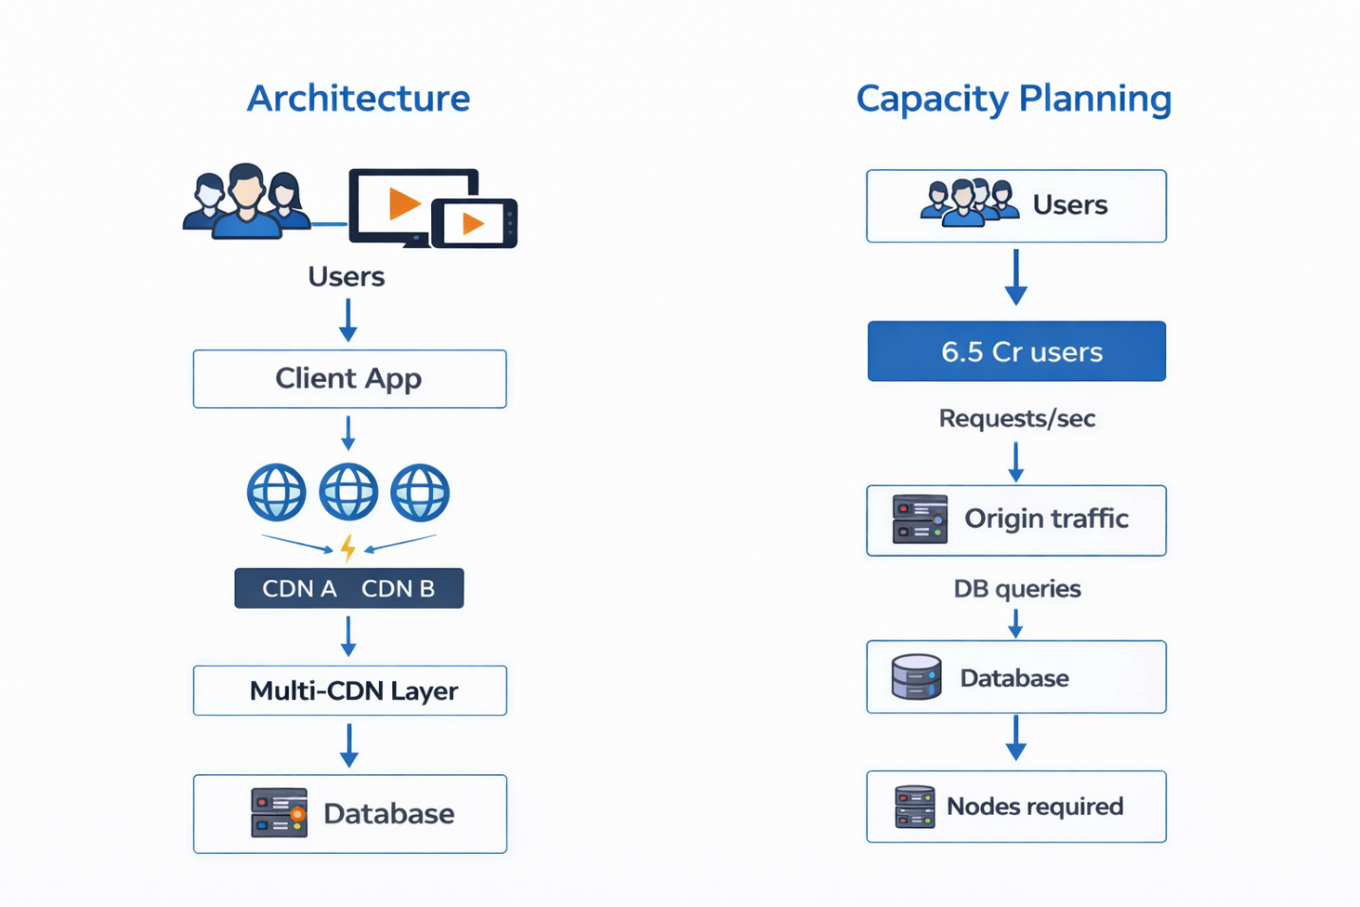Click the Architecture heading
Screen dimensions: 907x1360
click(x=358, y=99)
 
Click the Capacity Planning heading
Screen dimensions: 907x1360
click(x=1013, y=99)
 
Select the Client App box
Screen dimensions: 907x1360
click(x=349, y=379)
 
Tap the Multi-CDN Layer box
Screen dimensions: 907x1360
click(x=349, y=690)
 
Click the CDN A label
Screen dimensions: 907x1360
click(x=299, y=589)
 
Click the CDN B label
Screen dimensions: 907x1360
click(x=398, y=589)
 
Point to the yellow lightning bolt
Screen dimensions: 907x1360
click(x=349, y=548)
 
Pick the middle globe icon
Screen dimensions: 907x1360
click(x=349, y=492)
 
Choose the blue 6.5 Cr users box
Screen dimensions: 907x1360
click(x=1016, y=351)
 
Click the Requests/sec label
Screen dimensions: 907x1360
click(x=1016, y=419)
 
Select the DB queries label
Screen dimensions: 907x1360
click(x=1016, y=589)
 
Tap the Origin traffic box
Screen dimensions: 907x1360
click(x=1016, y=520)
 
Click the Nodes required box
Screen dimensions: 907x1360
click(x=1016, y=806)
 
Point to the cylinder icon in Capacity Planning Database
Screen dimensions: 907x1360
click(x=916, y=677)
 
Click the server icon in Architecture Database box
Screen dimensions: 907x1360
click(x=279, y=813)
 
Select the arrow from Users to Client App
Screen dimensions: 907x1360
click(x=349, y=320)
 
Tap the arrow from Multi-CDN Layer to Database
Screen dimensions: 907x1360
click(x=349, y=745)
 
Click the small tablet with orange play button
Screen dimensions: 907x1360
click(x=474, y=224)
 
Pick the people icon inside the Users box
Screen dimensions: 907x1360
click(x=969, y=202)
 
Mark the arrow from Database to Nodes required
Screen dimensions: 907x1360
click(x=1016, y=738)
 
